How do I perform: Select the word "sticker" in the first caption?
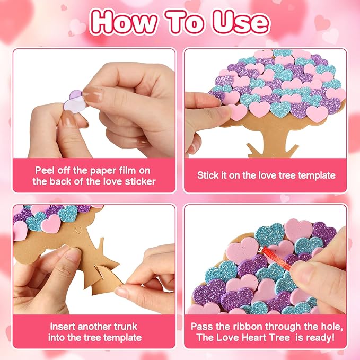coord(140,181)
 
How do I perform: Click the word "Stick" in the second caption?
coord(209,175)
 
